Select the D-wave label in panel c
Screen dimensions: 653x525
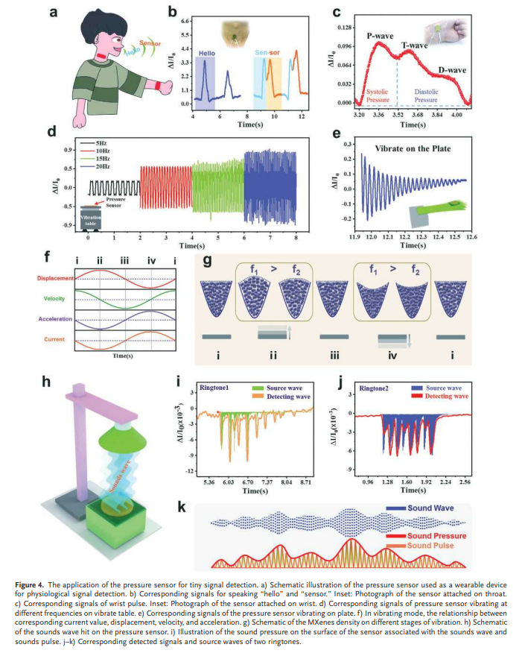pos(451,70)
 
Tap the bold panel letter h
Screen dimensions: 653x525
pos(51,382)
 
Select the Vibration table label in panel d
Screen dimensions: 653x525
pos(91,217)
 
